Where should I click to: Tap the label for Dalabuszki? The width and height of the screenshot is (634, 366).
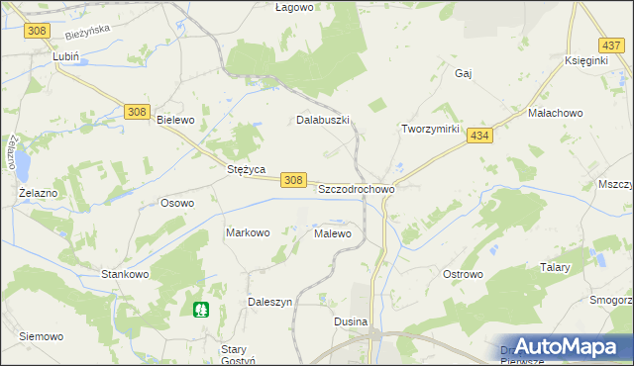324,120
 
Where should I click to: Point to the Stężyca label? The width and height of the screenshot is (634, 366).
246,169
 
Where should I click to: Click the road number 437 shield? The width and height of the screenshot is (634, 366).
611,46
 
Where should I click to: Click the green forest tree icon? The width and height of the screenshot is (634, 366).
202,310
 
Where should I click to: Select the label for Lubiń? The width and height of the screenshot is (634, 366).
65,58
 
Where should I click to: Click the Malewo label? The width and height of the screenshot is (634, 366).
333,234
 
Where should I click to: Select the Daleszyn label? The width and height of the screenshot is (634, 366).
269,302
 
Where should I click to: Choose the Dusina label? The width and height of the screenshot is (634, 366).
351,322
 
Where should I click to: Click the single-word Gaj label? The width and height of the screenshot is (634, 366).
463,73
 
